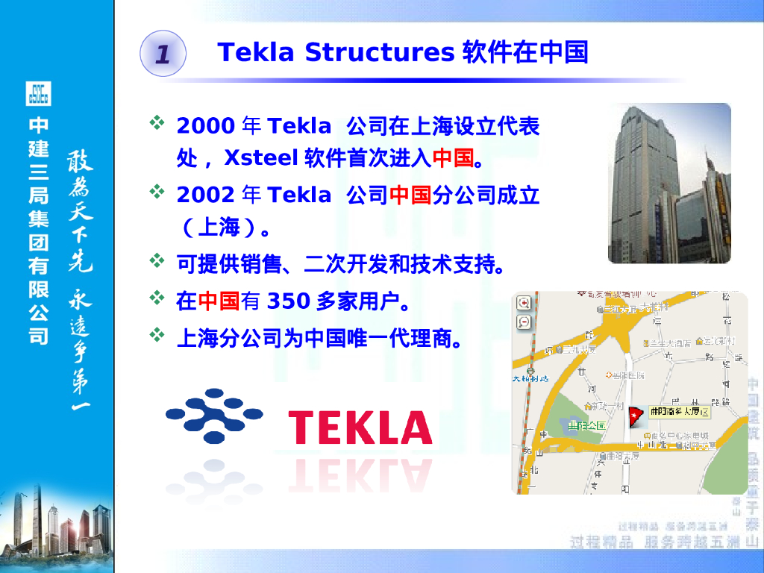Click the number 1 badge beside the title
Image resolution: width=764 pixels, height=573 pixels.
[x=163, y=53]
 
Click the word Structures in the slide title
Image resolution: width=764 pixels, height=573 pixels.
[x=380, y=52]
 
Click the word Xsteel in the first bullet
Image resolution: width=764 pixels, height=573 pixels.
[x=260, y=158]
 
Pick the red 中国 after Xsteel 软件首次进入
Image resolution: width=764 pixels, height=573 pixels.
[x=453, y=158]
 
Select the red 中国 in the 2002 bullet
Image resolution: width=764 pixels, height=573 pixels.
[x=410, y=195]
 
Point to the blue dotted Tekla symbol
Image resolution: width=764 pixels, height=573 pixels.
[x=214, y=416]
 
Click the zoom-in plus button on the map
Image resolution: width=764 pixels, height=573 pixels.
[x=524, y=303]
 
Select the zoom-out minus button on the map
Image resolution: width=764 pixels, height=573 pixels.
[x=524, y=322]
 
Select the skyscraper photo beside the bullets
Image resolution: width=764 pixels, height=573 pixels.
[x=669, y=183]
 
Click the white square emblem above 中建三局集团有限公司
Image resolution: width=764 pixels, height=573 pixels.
[x=38, y=94]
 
